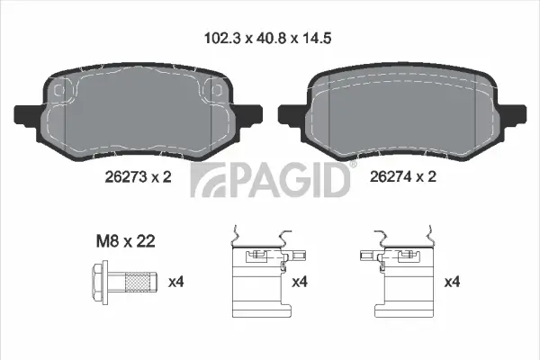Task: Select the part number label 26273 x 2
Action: coord(138,177)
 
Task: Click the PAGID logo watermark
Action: coord(269,179)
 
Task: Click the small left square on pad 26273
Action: coord(60,92)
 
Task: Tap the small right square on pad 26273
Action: coord(214,92)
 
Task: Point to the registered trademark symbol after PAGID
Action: coord(353,165)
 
